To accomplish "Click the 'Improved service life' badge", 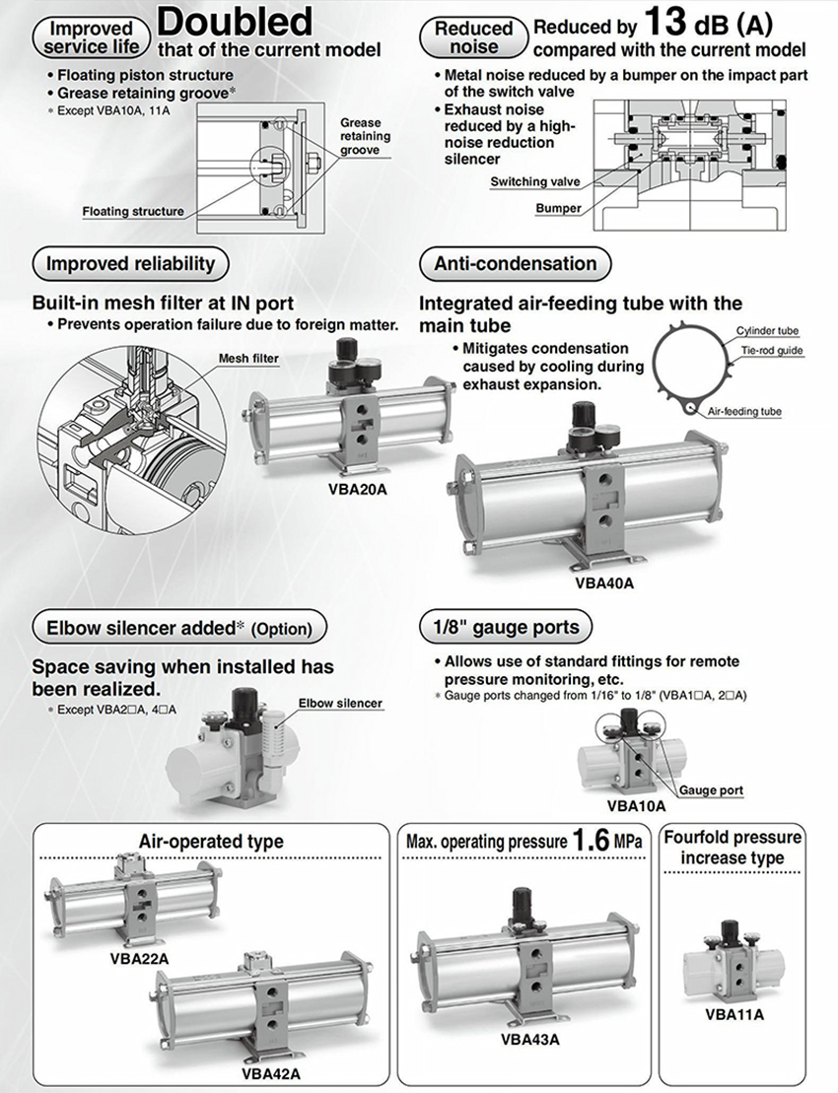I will (x=91, y=36).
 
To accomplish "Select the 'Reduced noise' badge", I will (x=474, y=37).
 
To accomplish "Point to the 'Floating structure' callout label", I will (x=132, y=211).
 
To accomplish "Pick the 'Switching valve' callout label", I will (x=534, y=181).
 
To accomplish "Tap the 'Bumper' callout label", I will (x=558, y=208).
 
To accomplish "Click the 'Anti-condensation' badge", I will (x=515, y=263).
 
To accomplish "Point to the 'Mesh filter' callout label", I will (x=247, y=359).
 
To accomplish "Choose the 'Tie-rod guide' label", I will (x=771, y=350).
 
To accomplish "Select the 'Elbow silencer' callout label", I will (x=339, y=704).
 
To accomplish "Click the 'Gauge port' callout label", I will (x=710, y=790).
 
